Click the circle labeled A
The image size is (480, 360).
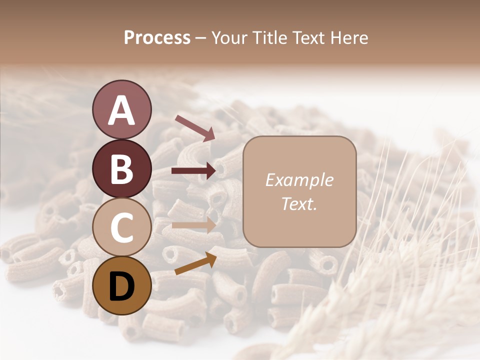point(121,110)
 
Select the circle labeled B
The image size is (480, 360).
point(121,169)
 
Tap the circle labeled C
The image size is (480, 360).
point(121,227)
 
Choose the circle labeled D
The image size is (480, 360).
point(121,286)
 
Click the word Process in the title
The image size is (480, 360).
point(157,38)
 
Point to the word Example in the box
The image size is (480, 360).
point(299,180)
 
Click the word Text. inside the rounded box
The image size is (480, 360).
point(299,204)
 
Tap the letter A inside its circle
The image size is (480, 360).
point(121,110)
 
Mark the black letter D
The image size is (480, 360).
point(121,286)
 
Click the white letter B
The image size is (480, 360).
point(121,169)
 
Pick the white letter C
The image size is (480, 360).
point(121,228)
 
